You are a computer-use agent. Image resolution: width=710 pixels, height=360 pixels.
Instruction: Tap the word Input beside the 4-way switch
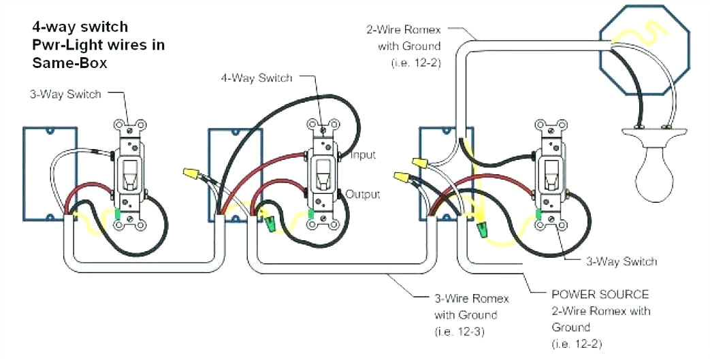tap(363, 155)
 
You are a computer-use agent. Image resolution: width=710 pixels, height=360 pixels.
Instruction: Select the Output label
tap(363, 195)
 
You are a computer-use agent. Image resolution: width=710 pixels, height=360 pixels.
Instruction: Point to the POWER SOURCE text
tap(600, 295)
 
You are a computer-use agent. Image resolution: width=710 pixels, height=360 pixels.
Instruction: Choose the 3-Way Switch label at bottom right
tap(621, 261)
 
